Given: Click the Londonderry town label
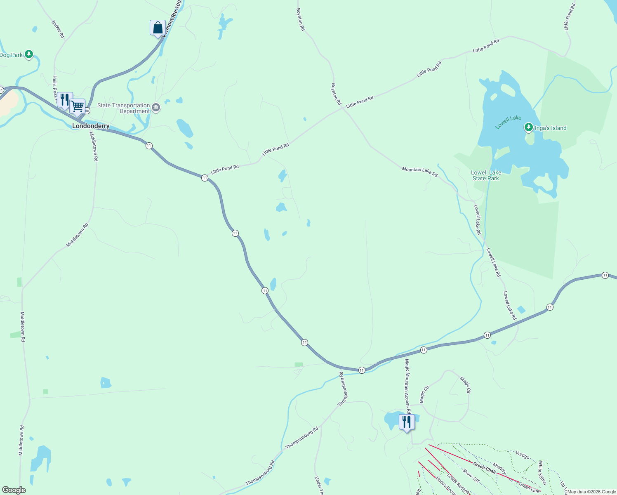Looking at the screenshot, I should click(91, 126).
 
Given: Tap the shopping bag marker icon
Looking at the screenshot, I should click(158, 28).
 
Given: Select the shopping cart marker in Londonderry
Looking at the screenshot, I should click(78, 107).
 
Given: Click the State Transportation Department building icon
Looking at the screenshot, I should click(156, 108).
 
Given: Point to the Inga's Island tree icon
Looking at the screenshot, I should click(529, 127).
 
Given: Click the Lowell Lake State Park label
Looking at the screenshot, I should click(486, 176).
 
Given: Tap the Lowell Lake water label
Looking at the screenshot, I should click(508, 122).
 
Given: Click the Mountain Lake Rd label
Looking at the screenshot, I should click(419, 172).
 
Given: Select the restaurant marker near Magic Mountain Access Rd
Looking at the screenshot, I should click(407, 422).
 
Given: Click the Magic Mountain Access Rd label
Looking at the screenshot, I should click(407, 386).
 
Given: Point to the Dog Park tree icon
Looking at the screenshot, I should click(29, 54).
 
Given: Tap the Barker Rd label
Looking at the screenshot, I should click(58, 29).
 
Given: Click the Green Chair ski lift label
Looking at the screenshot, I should click(485, 468).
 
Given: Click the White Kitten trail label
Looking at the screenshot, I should click(542, 473).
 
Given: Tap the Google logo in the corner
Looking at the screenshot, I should click(14, 490).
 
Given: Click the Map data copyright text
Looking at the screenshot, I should click(591, 492).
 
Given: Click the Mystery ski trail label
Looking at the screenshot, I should click(499, 469).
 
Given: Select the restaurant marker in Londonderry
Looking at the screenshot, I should click(64, 100).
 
